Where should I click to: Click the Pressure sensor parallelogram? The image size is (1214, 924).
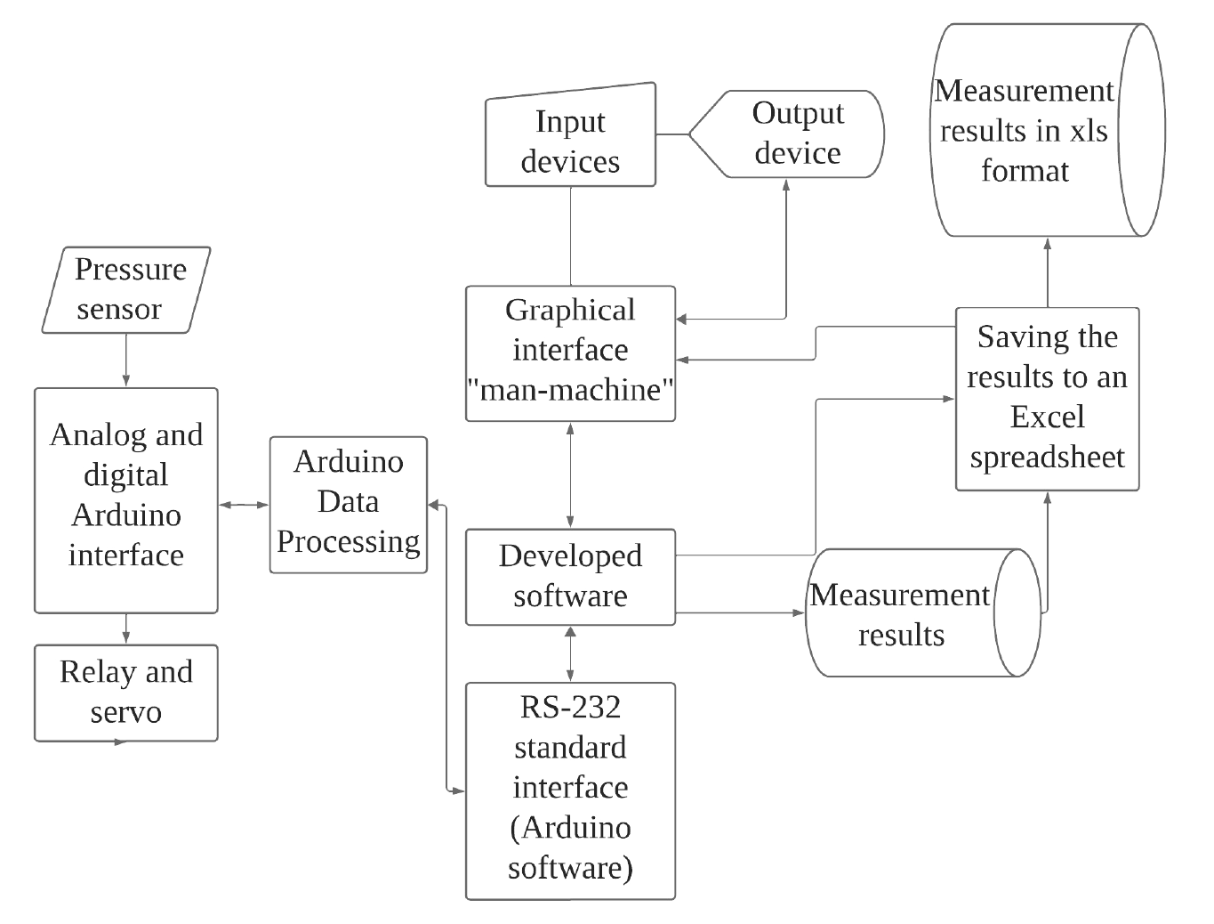point(126,290)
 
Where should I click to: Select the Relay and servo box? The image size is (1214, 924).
point(126,693)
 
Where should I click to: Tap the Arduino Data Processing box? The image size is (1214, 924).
point(349,504)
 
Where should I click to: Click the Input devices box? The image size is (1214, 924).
point(570,141)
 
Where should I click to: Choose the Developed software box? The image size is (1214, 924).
point(570,576)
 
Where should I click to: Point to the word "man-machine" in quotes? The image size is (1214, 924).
point(570,390)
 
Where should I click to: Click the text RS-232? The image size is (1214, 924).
point(570,707)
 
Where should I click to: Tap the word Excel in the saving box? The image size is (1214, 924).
point(1047,417)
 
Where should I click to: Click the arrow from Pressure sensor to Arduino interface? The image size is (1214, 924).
point(126,360)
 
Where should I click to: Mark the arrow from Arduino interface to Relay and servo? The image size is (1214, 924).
point(126,628)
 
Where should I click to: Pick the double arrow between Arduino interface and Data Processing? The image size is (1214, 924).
point(244,505)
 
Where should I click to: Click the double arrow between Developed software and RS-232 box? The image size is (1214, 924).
point(570,653)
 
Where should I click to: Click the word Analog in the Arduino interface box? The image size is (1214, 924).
point(87,434)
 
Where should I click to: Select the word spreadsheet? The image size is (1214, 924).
point(1047,457)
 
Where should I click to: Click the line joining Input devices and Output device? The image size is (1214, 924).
point(672,135)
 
